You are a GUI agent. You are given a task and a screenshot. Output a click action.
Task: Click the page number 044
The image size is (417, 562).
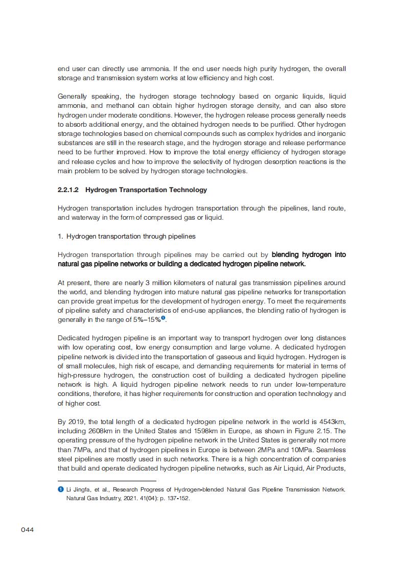(27, 530)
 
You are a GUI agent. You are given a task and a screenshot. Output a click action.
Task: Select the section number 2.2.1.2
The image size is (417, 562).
(68, 190)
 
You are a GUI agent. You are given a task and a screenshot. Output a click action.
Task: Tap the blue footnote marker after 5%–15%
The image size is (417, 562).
(164, 318)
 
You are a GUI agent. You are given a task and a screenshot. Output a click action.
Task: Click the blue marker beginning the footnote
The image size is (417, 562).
(60, 489)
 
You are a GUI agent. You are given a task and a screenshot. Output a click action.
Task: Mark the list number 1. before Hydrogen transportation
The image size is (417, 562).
(60, 237)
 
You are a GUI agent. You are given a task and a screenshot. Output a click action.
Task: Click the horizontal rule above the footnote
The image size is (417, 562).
(107, 481)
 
